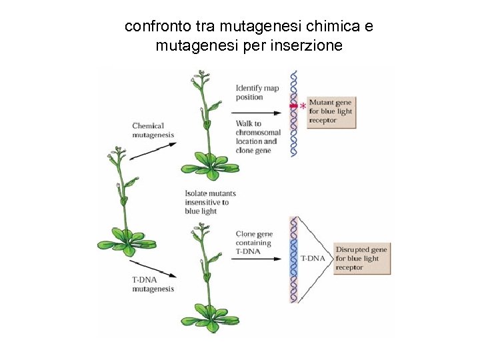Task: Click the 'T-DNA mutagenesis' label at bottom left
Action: (153, 285)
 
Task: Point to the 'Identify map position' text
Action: (257, 93)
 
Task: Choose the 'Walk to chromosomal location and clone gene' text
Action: (257, 137)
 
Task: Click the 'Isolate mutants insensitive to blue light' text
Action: (209, 202)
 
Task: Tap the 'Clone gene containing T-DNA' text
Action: (254, 243)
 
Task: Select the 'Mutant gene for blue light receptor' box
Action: (331, 112)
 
